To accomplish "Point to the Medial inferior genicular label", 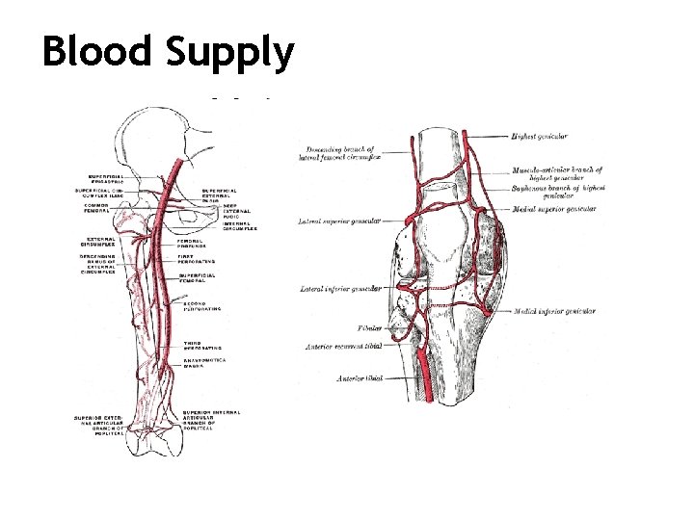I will pos(556,311).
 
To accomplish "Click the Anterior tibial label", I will pos(359,378).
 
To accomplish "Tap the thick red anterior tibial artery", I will pos(424,376).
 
